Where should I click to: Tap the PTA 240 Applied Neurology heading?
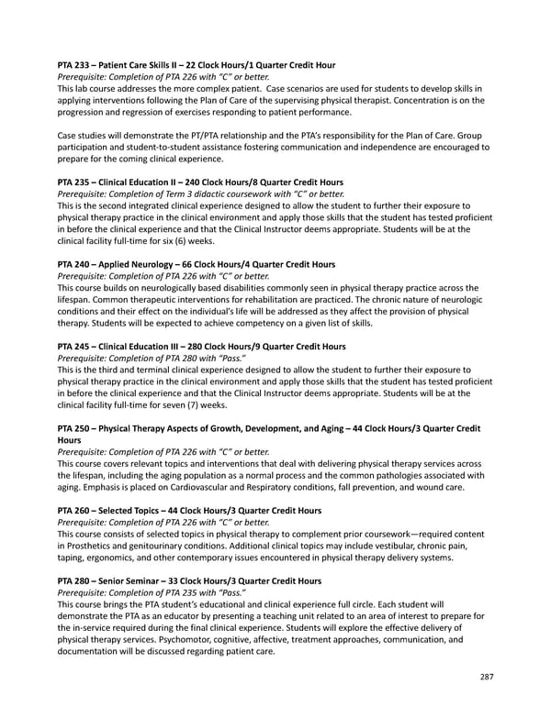(196, 263)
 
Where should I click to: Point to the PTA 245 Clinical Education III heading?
(201, 346)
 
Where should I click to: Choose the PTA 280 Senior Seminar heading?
(189, 580)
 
